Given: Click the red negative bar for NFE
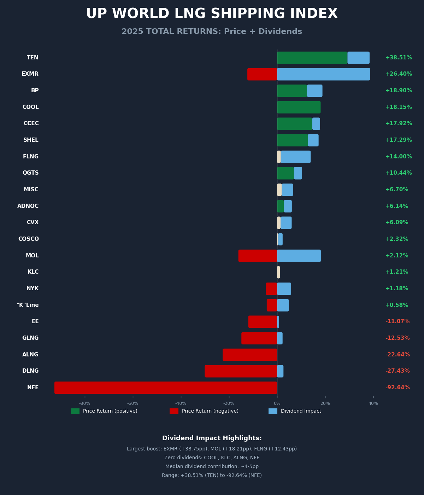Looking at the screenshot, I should [x=166, y=388].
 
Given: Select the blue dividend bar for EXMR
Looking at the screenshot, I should [x=323, y=74].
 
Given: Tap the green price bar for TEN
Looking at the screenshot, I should [x=312, y=58].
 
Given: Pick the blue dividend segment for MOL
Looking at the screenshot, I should [x=299, y=256].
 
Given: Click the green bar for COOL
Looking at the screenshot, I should [x=299, y=107].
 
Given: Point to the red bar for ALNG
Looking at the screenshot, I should [x=250, y=355].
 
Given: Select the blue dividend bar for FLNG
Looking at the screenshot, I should [x=296, y=157].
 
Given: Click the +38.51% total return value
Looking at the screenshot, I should [x=399, y=58].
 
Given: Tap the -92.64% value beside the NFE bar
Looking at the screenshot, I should [x=397, y=388].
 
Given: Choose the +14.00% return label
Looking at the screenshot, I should [x=399, y=157].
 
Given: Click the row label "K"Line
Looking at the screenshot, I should [x=28, y=305].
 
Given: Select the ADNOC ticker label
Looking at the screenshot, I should [x=28, y=206].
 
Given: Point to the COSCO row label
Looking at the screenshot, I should [x=29, y=239].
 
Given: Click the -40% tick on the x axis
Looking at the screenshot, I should [x=181, y=403].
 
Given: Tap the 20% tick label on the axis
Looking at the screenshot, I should [x=325, y=403].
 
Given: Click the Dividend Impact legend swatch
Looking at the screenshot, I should [x=273, y=411].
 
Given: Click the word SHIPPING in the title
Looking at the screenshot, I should [x=247, y=14].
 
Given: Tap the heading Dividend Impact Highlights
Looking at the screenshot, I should [x=212, y=438].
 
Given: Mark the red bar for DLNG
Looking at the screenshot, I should [x=241, y=371].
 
